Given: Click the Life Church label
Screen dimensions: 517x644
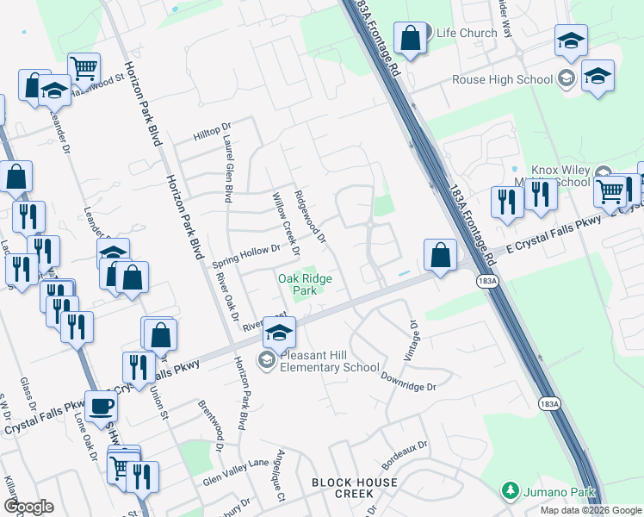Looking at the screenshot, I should tap(467, 33).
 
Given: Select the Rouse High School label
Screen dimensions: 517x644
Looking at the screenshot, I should tap(502, 80).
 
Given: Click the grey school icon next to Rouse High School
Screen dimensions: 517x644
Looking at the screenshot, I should tap(567, 80).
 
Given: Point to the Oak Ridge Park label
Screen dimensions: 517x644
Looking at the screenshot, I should tap(304, 284).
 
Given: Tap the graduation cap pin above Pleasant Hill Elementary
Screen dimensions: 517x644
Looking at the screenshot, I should tap(279, 333).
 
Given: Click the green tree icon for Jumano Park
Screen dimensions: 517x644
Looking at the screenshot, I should tap(510, 491).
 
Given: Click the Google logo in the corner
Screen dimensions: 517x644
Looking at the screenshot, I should tap(28, 507).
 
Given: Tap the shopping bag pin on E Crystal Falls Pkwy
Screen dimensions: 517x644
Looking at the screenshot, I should tap(440, 255).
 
